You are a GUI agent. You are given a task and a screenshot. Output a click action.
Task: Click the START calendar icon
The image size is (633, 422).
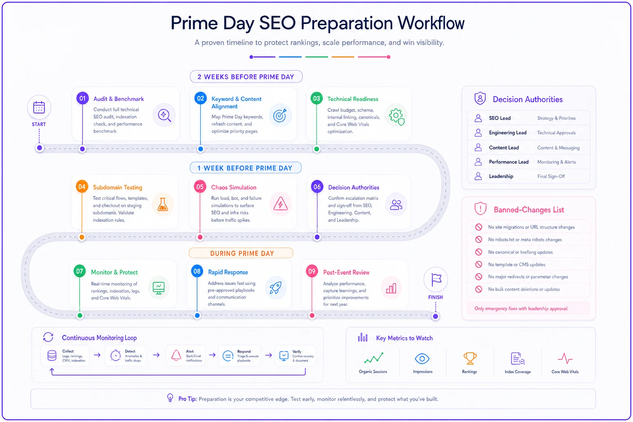coord(39,108)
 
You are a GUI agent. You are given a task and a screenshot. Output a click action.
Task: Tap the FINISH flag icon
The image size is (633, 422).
coord(436,279)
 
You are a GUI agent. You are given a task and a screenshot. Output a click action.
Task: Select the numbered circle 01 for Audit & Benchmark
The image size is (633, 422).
coord(82,98)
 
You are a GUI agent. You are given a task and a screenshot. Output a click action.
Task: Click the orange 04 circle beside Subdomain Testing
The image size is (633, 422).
coord(82,187)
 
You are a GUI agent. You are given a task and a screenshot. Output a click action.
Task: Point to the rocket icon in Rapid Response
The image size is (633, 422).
coord(276,288)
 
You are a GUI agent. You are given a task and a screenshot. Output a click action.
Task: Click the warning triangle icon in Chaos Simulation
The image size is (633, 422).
coord(280,204)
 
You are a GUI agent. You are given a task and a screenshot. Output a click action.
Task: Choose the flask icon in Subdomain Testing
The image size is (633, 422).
coord(163,204)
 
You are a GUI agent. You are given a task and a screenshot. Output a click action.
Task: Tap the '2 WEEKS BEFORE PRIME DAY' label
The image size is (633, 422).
coord(246,77)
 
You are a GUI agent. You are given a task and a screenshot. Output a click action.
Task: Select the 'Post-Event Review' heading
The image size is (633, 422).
coord(346,272)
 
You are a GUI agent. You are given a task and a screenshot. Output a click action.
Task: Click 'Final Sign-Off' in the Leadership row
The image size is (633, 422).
coord(551,176)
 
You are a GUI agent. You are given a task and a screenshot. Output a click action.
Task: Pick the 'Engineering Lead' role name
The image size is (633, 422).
coord(508,133)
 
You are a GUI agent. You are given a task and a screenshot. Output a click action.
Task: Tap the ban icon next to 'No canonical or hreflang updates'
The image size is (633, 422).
coord(478,252)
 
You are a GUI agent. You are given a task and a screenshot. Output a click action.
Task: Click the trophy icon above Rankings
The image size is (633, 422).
coord(470,359)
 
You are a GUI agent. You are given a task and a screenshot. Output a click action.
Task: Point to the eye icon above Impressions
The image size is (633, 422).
coord(422,359)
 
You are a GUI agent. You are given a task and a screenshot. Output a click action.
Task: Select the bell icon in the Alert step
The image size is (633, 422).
coord(176,355)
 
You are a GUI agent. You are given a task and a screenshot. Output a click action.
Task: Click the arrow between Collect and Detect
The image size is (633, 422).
coord(97,355)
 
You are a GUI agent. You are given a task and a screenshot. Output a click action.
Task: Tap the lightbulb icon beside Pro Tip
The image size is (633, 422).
coord(170,398)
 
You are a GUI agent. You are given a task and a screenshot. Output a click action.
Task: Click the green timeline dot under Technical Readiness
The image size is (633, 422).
coord(317,149)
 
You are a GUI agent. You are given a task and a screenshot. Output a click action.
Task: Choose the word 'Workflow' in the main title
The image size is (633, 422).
coord(431,23)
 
